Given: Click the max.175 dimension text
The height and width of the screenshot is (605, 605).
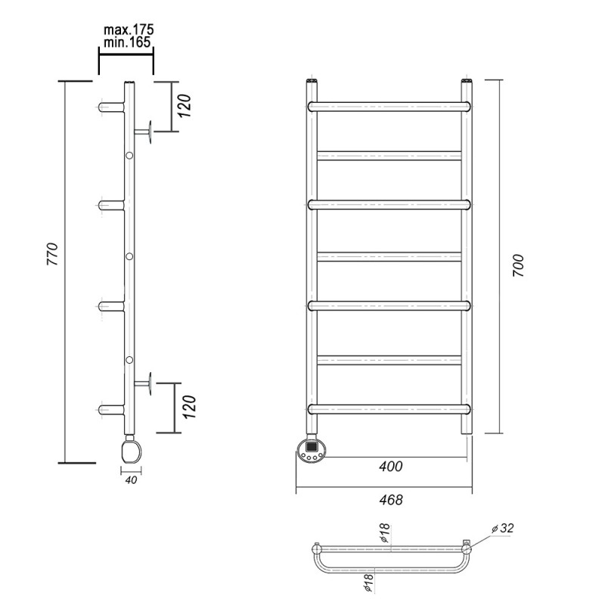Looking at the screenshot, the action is coord(129,29).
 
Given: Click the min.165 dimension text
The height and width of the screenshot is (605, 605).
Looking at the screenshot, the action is coord(127,42).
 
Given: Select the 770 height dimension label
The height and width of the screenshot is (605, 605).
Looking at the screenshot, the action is coord(52,254).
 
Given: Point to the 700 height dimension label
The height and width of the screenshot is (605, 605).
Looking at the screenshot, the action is coord(518,265).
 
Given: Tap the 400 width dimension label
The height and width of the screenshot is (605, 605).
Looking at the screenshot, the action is coord(390,467).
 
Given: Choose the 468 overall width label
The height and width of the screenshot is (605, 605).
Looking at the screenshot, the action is coord(391,500).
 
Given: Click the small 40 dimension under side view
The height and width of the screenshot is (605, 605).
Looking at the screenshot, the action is coord(131,480).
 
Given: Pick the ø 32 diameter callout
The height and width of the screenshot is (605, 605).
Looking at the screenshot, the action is coord(503,528).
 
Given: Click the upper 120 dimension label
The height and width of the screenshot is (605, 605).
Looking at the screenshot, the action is coord(185,106).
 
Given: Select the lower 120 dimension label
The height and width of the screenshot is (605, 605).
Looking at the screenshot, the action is coord(190,407).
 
